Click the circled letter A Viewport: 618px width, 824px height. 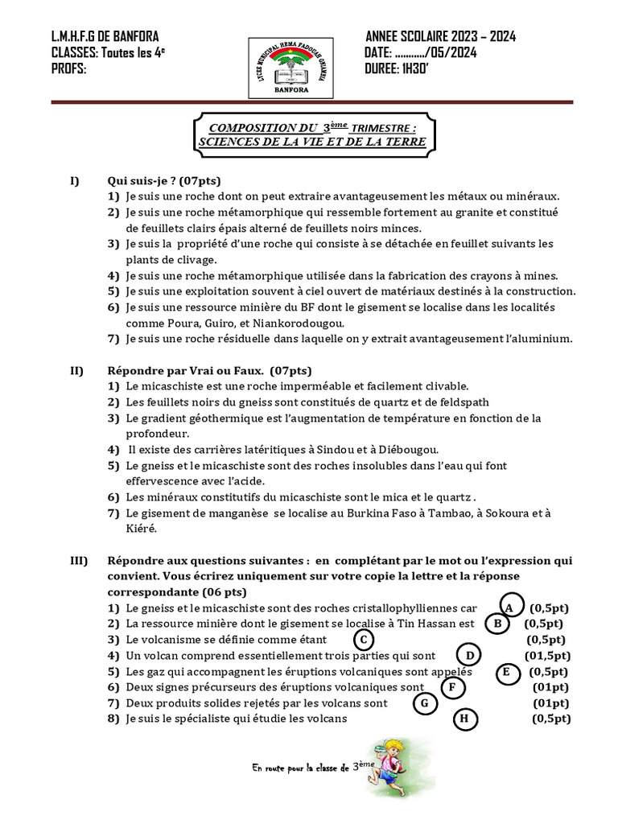click(x=509, y=607)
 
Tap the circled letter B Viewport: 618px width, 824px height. click(x=499, y=623)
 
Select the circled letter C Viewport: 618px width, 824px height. click(x=364, y=640)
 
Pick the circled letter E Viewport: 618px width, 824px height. click(x=506, y=672)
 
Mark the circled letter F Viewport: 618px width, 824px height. click(x=454, y=687)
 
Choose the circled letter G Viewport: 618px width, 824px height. click(x=423, y=703)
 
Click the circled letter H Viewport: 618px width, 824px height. click(x=464, y=719)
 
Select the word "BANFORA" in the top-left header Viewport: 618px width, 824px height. click(x=131, y=37)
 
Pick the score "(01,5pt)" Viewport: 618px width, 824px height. click(x=549, y=655)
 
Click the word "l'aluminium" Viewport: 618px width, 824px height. click(x=533, y=339)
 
